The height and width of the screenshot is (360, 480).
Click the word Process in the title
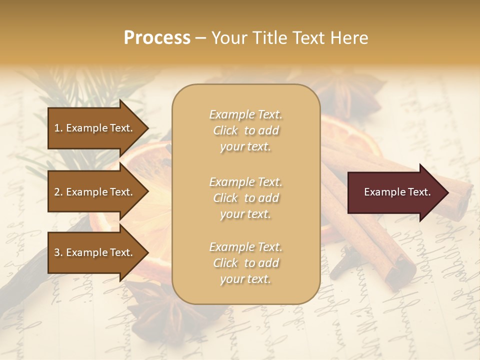[157, 37]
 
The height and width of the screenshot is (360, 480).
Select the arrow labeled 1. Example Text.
[95, 128]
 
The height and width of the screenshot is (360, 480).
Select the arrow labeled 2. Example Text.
[95, 192]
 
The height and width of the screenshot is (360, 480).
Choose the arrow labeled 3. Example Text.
[95, 252]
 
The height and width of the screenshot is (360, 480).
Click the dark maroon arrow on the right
[395, 192]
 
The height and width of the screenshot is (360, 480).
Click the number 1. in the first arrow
[58, 128]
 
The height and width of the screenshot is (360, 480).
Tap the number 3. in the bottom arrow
[58, 252]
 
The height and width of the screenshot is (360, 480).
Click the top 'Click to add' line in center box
[245, 130]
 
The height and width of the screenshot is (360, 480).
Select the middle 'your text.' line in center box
[245, 214]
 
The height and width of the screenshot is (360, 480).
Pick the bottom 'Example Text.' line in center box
[245, 247]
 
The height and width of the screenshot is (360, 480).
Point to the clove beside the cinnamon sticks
[345, 265]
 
